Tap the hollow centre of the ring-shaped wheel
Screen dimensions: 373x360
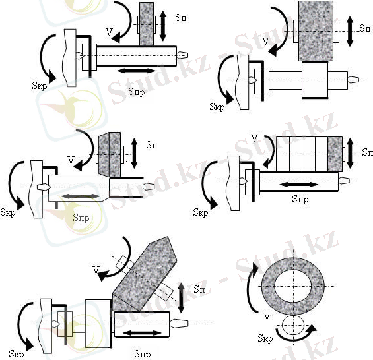pyautogui.click(x=293, y=286)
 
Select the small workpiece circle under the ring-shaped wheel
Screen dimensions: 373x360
pyautogui.click(x=293, y=326)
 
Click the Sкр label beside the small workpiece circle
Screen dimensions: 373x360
pyautogui.click(x=265, y=338)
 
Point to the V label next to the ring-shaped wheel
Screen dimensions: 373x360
pyautogui.click(x=267, y=316)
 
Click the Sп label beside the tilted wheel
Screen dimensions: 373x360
pyautogui.click(x=199, y=289)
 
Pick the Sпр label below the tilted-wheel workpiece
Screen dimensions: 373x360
pyautogui.click(x=143, y=354)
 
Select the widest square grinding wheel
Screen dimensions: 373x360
pyautogui.click(x=316, y=31)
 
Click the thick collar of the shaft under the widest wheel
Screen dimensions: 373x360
pyautogui.click(x=315, y=80)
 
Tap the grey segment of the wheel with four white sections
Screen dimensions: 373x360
pyautogui.click(x=335, y=154)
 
